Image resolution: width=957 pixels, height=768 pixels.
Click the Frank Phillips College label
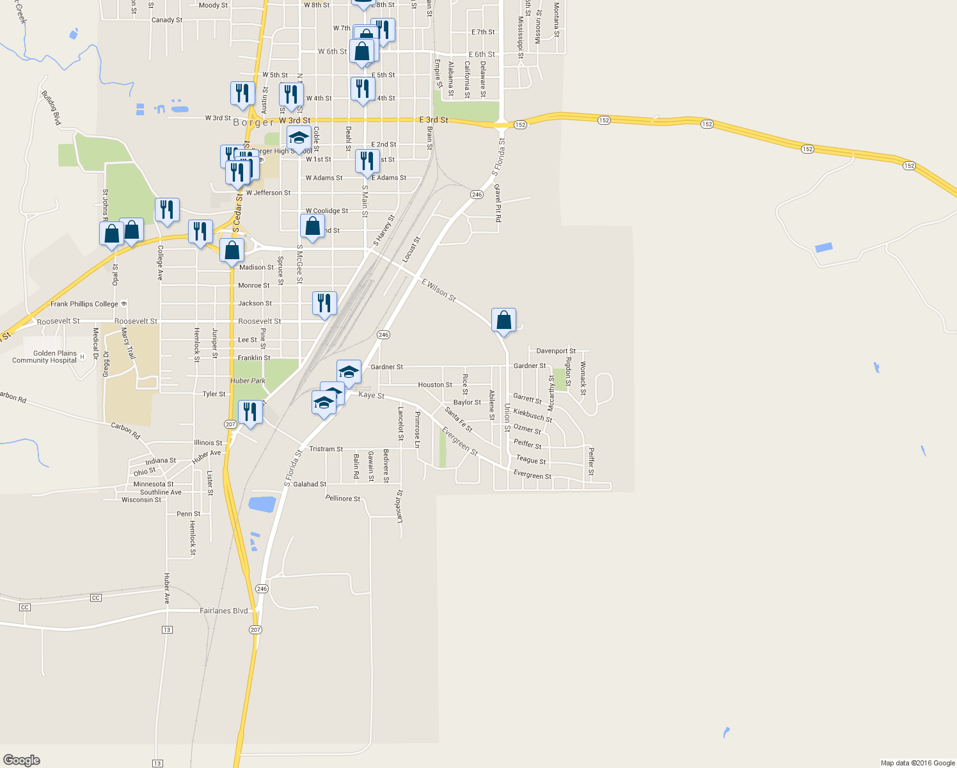84,304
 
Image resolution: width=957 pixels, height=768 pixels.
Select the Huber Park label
248,381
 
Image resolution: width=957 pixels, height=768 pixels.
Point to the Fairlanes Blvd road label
223,611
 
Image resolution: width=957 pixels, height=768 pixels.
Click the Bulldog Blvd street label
51,108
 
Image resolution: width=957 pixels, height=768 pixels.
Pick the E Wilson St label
438,290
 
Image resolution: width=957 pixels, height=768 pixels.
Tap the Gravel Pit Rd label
498,203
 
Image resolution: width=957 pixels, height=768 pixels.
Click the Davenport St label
555,351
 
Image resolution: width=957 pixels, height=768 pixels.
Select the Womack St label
583,378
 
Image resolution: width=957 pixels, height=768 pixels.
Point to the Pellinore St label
342,498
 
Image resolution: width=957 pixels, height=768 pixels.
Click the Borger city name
253,122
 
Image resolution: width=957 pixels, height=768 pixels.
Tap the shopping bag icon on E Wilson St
503,319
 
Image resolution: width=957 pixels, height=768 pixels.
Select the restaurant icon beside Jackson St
324,303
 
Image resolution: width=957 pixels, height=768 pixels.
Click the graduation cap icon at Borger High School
299,137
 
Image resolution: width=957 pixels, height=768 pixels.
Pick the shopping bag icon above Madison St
232,250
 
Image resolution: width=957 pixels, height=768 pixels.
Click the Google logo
22,760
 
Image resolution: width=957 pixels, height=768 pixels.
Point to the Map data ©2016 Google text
917,763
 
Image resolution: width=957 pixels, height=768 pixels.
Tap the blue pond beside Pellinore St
262,504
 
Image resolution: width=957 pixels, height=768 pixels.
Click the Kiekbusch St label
532,415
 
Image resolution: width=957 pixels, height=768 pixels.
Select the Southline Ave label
161,492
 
